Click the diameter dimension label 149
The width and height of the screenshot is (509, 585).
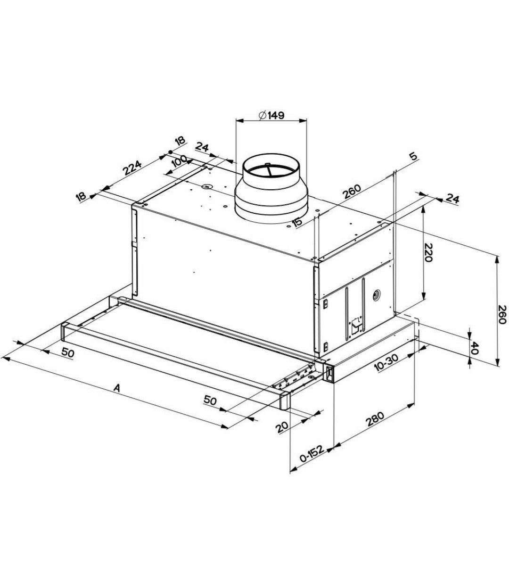pyautogui.click(x=271, y=115)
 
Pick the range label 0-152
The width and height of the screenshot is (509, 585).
pyautogui.click(x=312, y=454)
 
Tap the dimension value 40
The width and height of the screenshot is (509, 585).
pyautogui.click(x=476, y=348)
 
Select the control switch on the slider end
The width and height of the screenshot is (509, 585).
pyautogui.click(x=328, y=374)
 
